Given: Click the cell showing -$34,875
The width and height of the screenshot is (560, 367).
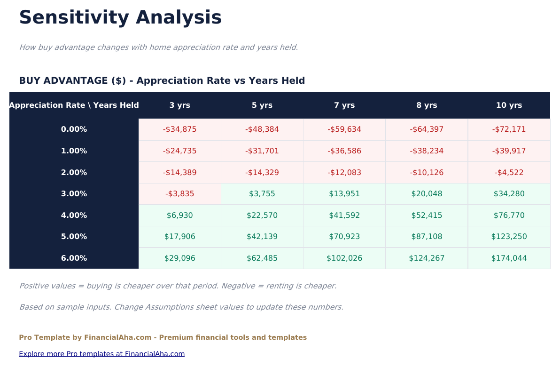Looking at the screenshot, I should pyautogui.click(x=179, y=129).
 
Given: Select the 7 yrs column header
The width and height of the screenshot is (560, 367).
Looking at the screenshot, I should pyautogui.click(x=344, y=105).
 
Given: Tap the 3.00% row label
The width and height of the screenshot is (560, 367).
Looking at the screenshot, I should pyautogui.click(x=74, y=194).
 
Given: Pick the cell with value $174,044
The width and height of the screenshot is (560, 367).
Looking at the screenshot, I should pyautogui.click(x=509, y=258).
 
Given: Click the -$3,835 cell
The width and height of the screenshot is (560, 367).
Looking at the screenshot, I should pyautogui.click(x=179, y=194).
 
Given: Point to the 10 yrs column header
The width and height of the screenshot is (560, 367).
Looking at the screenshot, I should pyautogui.click(x=509, y=105).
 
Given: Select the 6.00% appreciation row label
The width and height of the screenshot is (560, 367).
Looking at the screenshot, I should pyautogui.click(x=74, y=258).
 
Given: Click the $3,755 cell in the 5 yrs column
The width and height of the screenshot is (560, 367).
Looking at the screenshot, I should pyautogui.click(x=262, y=194).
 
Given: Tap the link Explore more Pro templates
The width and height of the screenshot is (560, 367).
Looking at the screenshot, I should pyautogui.click(x=101, y=354).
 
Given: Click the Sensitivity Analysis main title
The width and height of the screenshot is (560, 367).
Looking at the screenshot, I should pyautogui.click(x=120, y=18).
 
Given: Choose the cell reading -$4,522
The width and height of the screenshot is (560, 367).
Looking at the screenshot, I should pyautogui.click(x=509, y=173).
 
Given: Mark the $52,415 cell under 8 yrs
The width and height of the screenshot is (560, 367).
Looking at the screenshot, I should pyautogui.click(x=427, y=215).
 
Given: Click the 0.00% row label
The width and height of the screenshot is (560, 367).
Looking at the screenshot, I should pyautogui.click(x=74, y=129).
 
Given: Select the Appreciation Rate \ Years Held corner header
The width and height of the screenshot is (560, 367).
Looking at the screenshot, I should pyautogui.click(x=74, y=105).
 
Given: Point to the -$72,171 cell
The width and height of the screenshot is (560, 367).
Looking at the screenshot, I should pyautogui.click(x=509, y=129).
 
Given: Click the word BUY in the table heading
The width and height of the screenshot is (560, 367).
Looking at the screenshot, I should pyautogui.click(x=30, y=81).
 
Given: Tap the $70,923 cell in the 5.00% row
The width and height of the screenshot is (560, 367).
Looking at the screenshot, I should pyautogui.click(x=344, y=237).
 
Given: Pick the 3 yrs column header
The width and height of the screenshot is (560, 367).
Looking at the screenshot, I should pyautogui.click(x=179, y=105).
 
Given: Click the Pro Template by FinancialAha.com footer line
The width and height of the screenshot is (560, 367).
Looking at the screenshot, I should pyautogui.click(x=163, y=337).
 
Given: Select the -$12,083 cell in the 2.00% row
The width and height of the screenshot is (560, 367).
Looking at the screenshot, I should pyautogui.click(x=344, y=173).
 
